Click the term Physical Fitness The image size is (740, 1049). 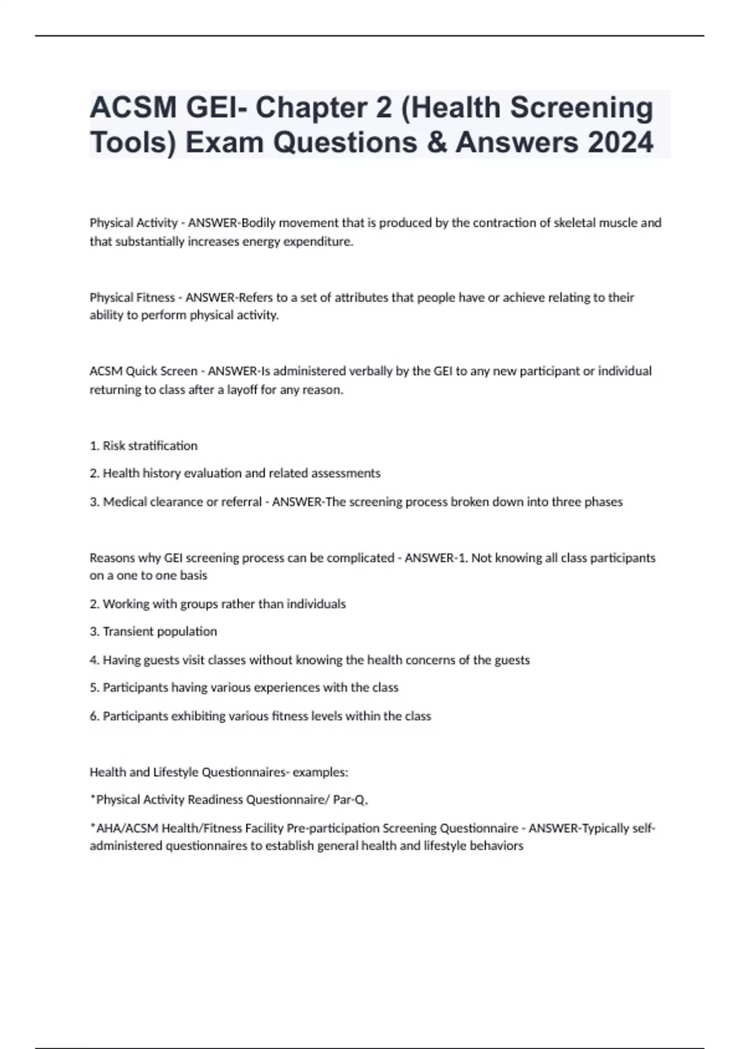132,297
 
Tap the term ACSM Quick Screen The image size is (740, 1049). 143,371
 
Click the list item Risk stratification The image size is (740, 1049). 150,446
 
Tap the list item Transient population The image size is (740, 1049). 160,631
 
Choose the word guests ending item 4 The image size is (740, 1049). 511,660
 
